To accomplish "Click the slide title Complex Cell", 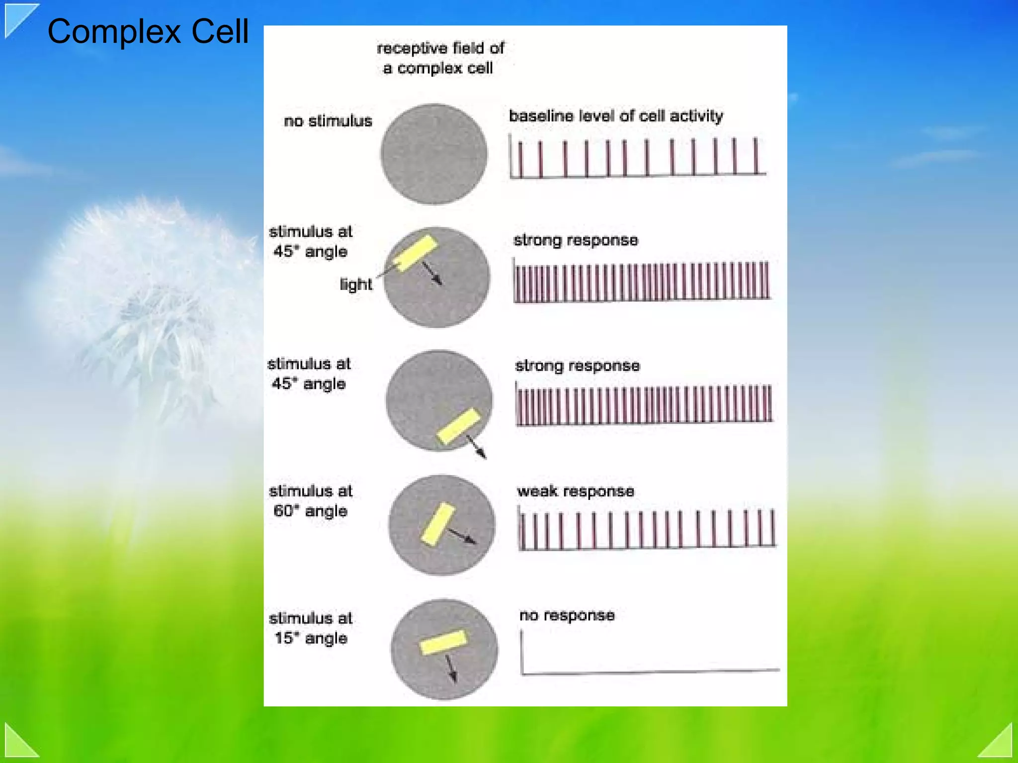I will click(148, 31).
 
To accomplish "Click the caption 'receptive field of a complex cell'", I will click(440, 58).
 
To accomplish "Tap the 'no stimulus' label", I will click(328, 121).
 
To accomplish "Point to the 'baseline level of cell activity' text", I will click(616, 116).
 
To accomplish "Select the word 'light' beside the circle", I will click(355, 284).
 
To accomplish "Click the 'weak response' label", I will click(576, 491).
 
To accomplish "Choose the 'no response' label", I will click(567, 615).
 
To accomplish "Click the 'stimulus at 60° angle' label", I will click(310, 501).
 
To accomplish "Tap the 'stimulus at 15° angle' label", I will click(310, 628).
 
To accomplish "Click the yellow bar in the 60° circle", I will click(438, 524).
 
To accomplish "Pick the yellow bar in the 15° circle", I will click(443, 642).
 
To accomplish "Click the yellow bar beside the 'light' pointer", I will click(415, 253).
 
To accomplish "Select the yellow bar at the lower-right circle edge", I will click(459, 426).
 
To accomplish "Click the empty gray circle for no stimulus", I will click(434, 154).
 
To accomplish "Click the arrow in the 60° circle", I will click(462, 536).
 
